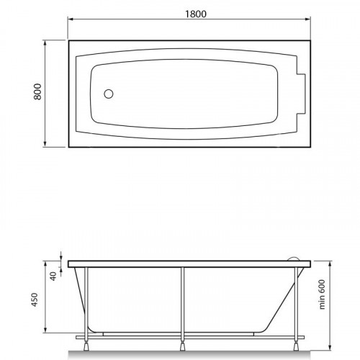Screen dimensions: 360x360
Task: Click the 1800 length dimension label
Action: point(196,14)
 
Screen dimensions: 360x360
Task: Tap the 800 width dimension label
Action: point(37,91)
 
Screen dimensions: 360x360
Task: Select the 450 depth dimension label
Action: point(35,300)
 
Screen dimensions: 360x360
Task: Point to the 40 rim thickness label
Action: point(53,276)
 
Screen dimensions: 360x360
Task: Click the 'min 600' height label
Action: point(322,294)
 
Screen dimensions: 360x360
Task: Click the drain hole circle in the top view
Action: point(109,94)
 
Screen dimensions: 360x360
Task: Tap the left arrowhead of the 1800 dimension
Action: point(71,19)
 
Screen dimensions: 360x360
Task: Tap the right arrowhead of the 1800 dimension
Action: point(307,19)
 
